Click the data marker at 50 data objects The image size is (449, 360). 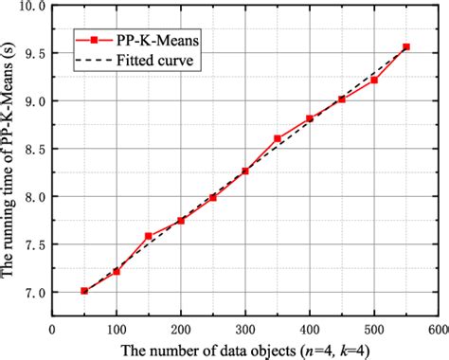[84, 291]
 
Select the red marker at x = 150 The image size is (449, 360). [149, 236]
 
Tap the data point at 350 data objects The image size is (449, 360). [278, 138]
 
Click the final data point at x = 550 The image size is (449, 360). [406, 46]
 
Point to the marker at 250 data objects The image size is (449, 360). [213, 197]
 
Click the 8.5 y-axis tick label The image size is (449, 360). [37, 149]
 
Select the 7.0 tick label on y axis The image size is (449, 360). [37, 293]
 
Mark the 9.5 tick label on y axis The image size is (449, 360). [37, 53]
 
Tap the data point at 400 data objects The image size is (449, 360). [310, 118]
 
